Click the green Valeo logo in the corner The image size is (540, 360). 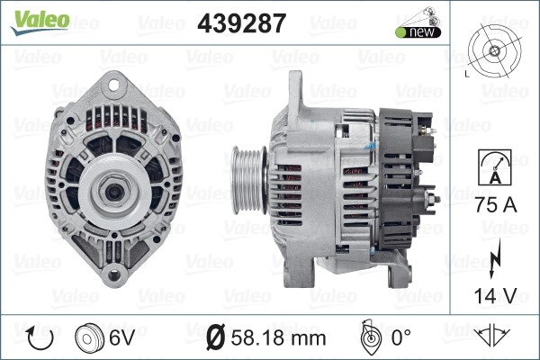[40, 22]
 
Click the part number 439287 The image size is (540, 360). [242, 23]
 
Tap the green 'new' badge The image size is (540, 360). [418, 32]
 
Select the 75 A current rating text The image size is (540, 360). [496, 204]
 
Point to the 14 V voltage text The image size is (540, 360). [496, 295]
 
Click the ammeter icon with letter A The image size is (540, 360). [495, 167]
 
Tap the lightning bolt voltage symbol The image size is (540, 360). [494, 259]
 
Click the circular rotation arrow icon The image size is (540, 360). [40, 338]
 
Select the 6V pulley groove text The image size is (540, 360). [121, 337]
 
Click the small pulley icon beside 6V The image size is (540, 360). [89, 337]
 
